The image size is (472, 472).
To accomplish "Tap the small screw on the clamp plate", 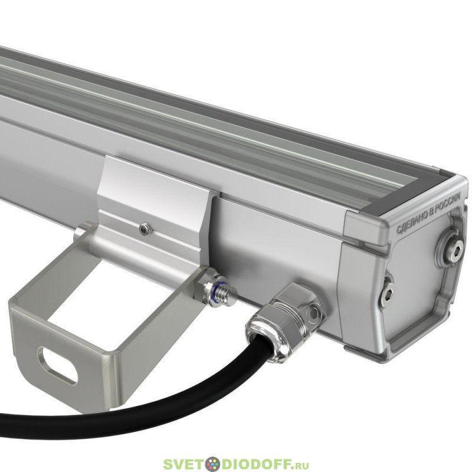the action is (x=145, y=230).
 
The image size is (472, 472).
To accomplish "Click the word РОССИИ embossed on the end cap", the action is (x=448, y=202).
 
